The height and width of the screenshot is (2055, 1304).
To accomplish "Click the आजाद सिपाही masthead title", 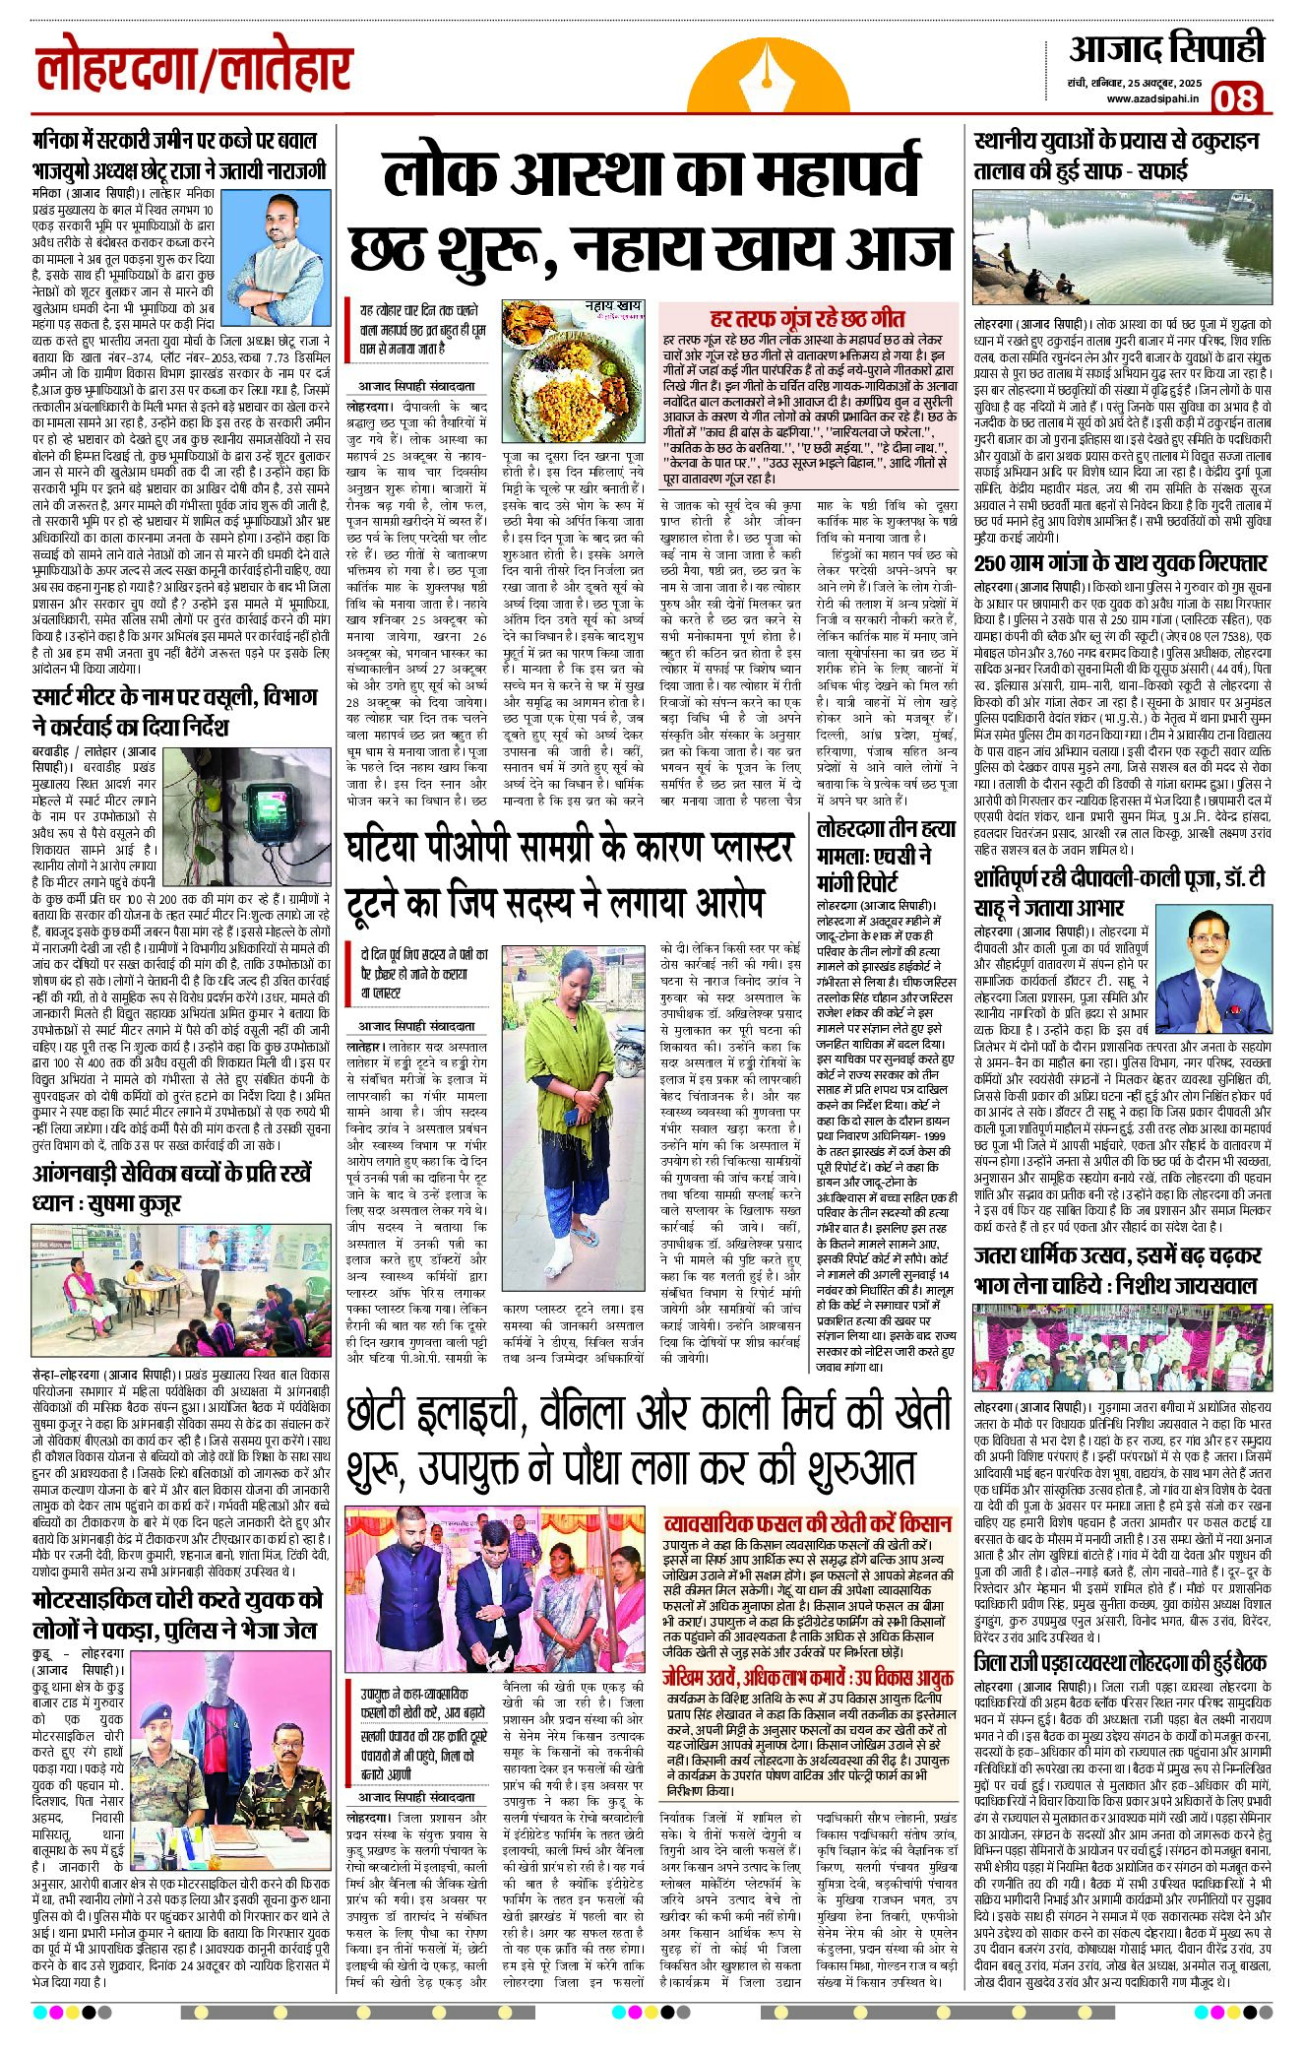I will (1166, 49).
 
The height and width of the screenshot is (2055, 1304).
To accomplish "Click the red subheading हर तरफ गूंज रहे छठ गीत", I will (807, 319).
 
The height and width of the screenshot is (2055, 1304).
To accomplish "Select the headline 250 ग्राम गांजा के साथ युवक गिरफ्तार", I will (1120, 562).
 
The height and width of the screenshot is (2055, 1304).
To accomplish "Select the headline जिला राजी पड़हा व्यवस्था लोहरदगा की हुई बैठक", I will (1120, 1663).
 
